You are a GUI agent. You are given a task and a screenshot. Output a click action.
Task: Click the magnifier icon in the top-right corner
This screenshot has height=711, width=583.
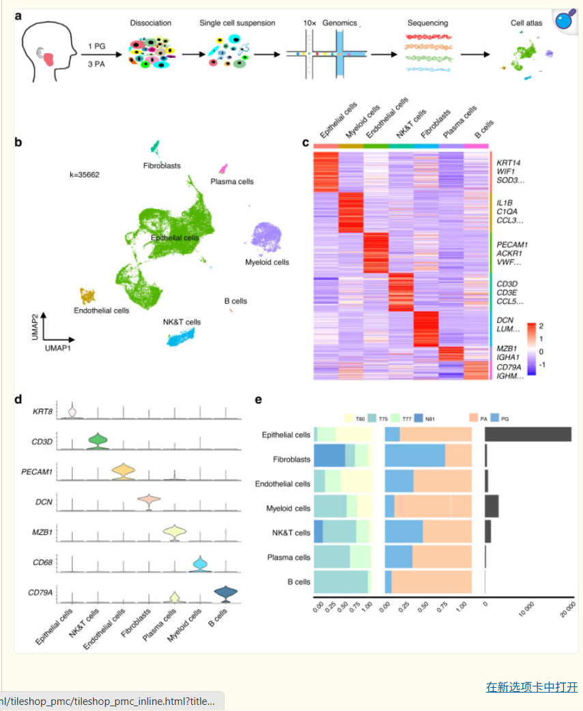click(x=565, y=20)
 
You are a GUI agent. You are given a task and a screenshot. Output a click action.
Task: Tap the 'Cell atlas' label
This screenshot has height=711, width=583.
click(x=526, y=23)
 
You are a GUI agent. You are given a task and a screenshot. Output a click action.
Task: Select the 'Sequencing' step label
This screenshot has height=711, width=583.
click(x=428, y=23)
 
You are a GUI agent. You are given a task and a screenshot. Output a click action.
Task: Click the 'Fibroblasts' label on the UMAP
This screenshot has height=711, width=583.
click(x=162, y=166)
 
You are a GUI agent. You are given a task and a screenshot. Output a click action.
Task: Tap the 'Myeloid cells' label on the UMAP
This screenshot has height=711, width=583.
click(x=267, y=262)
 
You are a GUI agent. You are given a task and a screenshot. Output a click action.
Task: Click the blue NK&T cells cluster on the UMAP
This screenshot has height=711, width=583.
click(x=181, y=336)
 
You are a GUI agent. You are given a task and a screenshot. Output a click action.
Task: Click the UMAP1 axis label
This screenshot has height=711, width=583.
click(x=59, y=348)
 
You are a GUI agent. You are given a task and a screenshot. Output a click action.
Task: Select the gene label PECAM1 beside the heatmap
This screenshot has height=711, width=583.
click(x=512, y=244)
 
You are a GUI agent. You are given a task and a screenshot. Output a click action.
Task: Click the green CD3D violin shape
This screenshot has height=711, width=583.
click(x=98, y=441)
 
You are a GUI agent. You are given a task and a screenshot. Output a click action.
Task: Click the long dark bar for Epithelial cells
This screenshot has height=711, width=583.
click(x=528, y=435)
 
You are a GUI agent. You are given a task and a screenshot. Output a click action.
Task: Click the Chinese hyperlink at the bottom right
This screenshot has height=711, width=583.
click(x=531, y=686)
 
